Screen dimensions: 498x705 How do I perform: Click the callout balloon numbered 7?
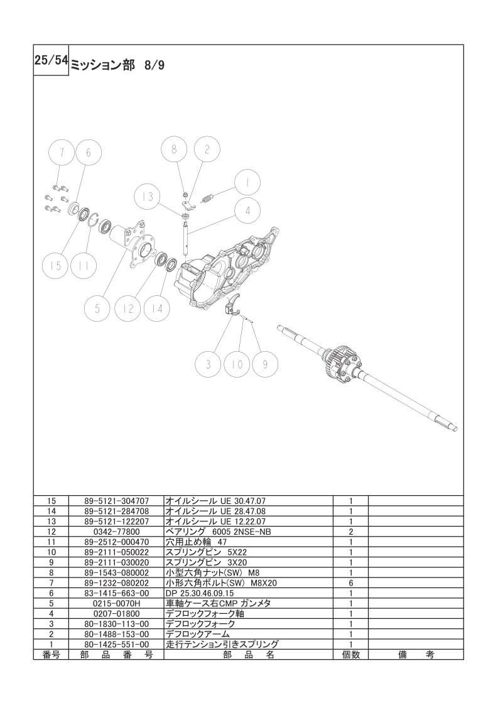tap(62, 153)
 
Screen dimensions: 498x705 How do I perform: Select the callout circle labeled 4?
tap(247, 210)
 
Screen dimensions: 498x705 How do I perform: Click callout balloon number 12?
tap(128, 309)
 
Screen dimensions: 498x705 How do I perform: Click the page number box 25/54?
tap(51, 60)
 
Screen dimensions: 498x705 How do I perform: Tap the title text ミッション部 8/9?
tap(118, 65)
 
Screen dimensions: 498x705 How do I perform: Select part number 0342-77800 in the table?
tap(116, 532)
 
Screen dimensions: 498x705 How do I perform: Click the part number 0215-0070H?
tap(116, 603)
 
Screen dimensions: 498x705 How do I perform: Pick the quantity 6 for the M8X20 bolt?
tap(350, 582)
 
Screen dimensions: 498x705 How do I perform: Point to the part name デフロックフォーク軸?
tap(205, 614)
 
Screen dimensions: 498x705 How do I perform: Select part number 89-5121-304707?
tap(116, 500)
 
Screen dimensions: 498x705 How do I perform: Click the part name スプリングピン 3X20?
tap(207, 562)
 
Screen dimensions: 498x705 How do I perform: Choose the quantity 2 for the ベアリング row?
tap(350, 532)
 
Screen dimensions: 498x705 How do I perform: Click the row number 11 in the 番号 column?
tap(51, 542)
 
